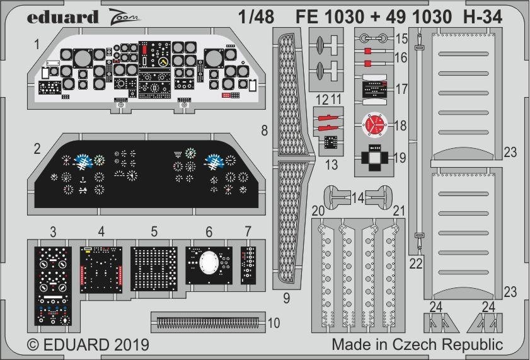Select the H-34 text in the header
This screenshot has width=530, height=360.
point(482,17)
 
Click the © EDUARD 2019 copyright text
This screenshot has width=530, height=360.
point(88,345)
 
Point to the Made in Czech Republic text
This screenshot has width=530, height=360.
point(417,345)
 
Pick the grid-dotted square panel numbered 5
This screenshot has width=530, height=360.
point(154,267)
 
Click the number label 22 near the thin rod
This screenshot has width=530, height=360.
point(416,264)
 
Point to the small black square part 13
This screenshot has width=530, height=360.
point(330,143)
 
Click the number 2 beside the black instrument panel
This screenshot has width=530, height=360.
point(38,149)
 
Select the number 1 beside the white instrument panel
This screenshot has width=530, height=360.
point(38,44)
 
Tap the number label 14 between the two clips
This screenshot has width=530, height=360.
point(358,198)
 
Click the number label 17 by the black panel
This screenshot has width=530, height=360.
point(401,90)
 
